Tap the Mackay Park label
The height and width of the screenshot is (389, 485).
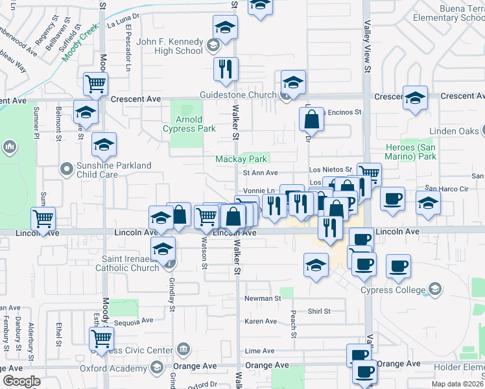tap(241, 159)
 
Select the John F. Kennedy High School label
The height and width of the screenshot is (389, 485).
tap(171, 46)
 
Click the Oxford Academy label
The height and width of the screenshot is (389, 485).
tap(115, 368)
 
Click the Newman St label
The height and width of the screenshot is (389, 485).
tap(261, 299)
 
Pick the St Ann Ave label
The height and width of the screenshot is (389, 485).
tap(260, 173)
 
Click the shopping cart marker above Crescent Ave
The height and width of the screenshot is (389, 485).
tap(95, 84)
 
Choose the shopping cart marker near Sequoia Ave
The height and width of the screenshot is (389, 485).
tap(101, 338)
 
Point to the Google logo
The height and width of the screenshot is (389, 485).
tap(21, 381)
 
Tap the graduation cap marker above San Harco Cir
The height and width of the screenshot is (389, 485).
tap(428, 202)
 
